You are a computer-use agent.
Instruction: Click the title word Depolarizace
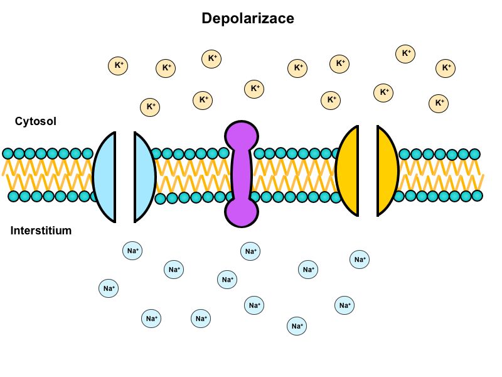248,19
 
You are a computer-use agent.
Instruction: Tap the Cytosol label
36,121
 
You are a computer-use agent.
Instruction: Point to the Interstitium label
41,231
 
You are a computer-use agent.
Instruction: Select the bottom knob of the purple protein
242,210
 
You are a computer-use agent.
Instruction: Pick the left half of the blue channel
105,177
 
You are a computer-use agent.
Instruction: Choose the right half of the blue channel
144,177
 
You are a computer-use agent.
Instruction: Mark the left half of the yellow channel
348,171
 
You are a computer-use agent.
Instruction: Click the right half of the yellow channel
387,171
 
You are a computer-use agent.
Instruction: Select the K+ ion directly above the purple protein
254,89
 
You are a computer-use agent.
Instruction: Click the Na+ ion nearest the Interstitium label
132,251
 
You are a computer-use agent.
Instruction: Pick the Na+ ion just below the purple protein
250,251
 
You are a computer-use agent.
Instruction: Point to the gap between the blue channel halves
125,177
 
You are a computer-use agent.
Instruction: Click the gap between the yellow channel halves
368,171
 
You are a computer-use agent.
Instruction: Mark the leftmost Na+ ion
109,288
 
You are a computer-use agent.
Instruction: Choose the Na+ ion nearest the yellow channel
360,259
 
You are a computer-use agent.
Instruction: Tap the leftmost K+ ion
117,65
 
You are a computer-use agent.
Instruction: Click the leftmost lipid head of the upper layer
8,153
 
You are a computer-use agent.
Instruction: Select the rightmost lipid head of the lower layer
477,195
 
